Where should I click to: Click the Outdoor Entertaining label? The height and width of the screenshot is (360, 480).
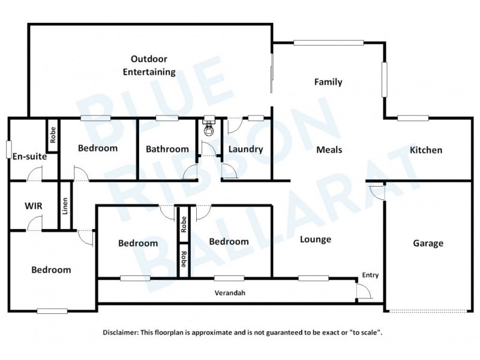149,65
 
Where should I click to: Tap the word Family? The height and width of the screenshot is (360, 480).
328,82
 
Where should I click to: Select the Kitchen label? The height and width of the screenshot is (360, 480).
425,150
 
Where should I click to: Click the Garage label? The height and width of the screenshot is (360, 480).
428,243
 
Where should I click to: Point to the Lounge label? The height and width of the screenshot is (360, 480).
316,239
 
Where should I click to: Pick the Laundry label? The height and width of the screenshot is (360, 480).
246,149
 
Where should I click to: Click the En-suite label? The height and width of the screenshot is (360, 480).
29,156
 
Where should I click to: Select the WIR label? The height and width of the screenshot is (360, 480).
33,206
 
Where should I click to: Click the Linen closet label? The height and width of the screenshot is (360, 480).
65,205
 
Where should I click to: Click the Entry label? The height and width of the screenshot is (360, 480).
370,275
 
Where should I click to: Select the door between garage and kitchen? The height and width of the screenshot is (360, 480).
376,191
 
